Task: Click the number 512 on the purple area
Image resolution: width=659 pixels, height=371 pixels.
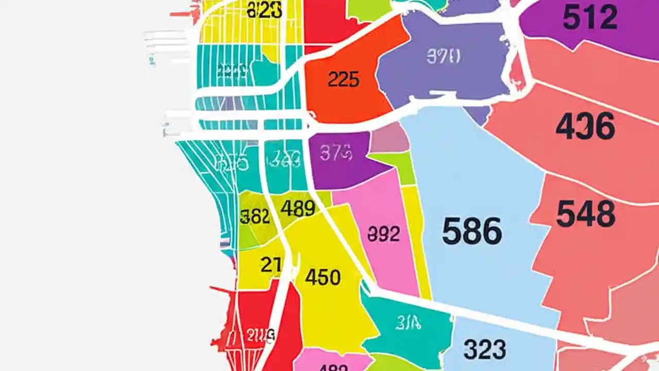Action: coord(589,18)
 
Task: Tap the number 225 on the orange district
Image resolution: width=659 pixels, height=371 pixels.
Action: coord(343,79)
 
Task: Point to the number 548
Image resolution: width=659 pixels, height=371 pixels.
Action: coord(585,214)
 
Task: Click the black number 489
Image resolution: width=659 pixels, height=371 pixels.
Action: coord(298,209)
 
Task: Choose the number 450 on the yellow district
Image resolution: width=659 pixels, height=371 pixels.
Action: coord(323,277)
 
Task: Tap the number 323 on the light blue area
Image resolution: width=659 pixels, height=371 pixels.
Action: coord(484,349)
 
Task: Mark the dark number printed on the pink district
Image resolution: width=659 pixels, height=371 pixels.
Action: coord(384,234)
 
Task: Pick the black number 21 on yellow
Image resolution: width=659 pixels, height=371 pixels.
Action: coord(271,265)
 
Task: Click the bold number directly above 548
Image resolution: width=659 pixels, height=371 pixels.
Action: coord(585,126)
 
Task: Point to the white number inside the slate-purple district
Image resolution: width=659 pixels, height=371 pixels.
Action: coord(443,56)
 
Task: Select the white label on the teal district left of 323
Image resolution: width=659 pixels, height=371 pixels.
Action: coord(409,323)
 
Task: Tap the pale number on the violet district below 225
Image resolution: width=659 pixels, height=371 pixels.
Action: coord(336,153)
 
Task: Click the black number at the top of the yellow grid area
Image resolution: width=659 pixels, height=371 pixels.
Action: coord(265,10)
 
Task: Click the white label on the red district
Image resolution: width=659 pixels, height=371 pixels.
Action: coord(260,335)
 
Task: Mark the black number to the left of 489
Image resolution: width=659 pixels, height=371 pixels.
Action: coord(255,216)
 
